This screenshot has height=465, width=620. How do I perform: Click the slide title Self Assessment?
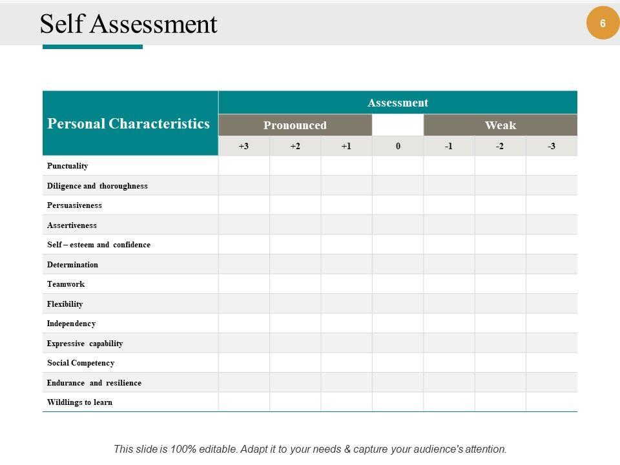click(129, 25)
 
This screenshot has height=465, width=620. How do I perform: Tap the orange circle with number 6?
click(603, 23)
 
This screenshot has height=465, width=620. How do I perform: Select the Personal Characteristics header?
click(129, 123)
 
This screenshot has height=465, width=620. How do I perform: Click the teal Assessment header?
click(398, 103)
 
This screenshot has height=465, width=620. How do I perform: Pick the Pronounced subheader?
click(295, 125)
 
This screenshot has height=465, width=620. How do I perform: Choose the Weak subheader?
click(501, 125)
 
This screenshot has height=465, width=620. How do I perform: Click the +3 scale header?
click(243, 146)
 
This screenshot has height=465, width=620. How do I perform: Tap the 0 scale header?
click(398, 146)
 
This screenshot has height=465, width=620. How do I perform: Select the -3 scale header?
click(552, 146)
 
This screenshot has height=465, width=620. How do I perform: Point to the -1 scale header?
click(449, 146)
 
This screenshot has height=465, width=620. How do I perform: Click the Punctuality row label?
click(67, 166)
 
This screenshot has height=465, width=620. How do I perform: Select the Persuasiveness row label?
click(74, 205)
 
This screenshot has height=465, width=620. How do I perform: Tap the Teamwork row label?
click(66, 284)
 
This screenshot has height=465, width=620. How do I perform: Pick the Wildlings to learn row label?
click(79, 402)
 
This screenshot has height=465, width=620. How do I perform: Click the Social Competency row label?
click(81, 363)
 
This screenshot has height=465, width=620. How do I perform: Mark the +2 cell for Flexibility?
click(295, 304)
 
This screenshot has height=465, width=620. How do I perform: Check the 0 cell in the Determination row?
click(398, 264)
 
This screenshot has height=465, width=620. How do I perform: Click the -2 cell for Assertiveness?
click(501, 225)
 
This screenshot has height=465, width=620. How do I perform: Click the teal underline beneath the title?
click(92, 47)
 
